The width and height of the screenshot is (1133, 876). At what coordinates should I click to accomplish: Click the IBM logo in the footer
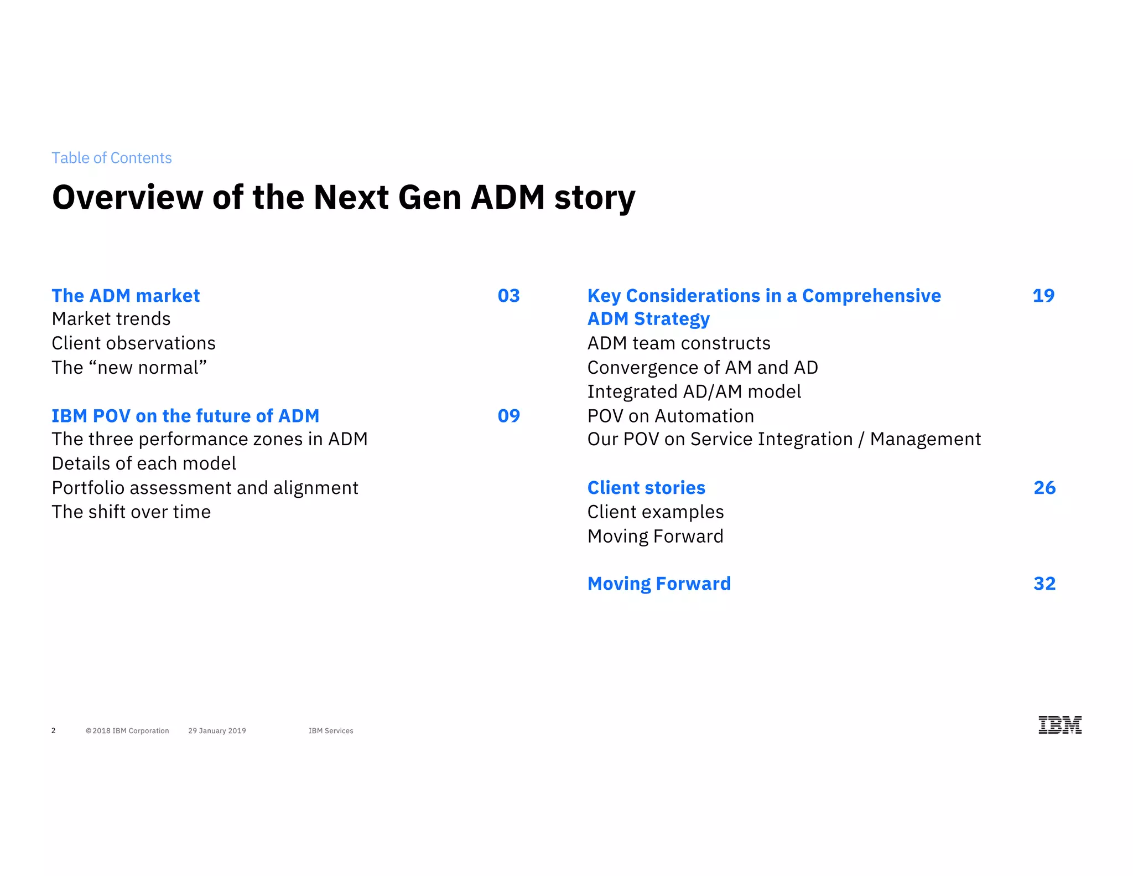(x=1059, y=725)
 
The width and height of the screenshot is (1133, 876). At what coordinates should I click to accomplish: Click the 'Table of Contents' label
(x=112, y=158)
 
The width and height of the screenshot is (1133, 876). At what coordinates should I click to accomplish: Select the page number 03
(x=508, y=296)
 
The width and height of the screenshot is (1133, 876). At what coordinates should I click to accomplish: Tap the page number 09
(x=508, y=416)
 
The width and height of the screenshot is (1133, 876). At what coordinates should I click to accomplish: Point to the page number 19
(x=1043, y=296)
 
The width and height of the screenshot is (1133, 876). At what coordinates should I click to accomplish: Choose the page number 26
(x=1044, y=488)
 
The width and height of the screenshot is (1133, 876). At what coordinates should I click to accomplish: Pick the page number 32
(x=1044, y=584)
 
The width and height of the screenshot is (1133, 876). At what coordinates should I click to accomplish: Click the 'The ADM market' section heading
(x=126, y=296)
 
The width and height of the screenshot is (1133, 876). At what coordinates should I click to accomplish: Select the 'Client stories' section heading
(x=646, y=488)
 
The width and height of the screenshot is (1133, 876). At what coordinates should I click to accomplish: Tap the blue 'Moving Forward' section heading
(x=659, y=584)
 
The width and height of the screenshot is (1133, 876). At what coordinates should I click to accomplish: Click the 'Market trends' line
(x=111, y=319)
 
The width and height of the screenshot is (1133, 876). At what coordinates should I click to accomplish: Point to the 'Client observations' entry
(x=133, y=343)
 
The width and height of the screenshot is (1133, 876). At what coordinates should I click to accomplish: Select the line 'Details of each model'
(x=144, y=463)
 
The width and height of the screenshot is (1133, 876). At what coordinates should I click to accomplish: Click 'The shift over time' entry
(x=131, y=512)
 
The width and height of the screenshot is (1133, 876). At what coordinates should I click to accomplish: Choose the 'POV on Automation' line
(x=671, y=416)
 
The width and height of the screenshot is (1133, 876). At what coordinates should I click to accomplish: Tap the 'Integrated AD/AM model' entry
(x=694, y=391)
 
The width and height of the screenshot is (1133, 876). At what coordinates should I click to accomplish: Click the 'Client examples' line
(x=656, y=512)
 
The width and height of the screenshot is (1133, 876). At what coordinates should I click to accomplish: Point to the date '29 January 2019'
(x=217, y=731)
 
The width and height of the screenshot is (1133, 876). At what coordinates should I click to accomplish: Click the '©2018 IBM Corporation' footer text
(x=127, y=731)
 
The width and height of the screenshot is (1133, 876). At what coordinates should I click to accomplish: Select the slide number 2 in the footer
(x=54, y=731)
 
